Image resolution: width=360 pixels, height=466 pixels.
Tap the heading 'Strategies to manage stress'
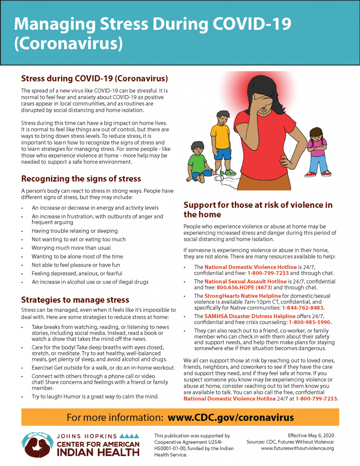click(75, 300)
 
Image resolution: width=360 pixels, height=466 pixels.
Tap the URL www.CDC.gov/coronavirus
click(230, 417)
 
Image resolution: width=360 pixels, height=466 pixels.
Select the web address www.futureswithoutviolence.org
click(298, 448)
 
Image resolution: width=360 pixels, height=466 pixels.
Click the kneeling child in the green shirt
click(200, 162)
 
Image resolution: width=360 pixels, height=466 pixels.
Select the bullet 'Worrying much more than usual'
click(71, 248)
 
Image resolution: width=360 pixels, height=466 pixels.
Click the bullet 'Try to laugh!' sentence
click(95, 397)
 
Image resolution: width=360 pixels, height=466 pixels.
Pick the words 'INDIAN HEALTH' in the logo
click(98, 452)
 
